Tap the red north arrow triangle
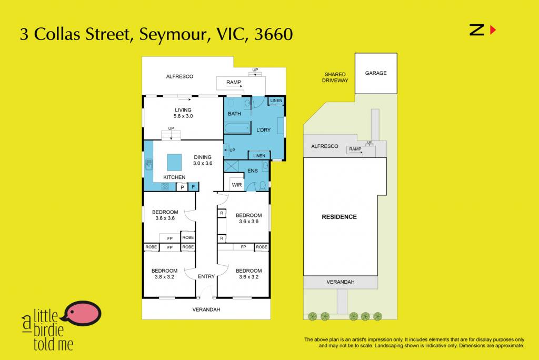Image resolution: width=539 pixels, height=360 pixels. point(493,30)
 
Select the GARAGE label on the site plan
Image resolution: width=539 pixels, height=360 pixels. point(376,73)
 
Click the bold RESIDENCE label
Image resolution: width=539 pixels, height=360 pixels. point(340,217)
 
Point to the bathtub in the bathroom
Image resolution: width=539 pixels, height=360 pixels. point(237,128)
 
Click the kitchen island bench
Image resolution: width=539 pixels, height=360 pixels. point(174,162)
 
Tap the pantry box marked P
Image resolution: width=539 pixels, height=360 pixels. point(182,187)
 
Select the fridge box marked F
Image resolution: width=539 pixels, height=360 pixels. point(194,187)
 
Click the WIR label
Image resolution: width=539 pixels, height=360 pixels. point(237,185)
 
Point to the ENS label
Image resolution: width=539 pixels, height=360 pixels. point(253,171)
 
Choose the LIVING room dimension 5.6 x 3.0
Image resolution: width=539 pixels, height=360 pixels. point(183,116)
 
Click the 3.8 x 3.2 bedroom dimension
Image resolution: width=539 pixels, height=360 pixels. point(165,277)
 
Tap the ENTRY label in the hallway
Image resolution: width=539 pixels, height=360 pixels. point(206,276)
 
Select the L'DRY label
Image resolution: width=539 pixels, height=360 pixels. point(264,130)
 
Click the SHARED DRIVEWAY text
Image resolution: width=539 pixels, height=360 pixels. point(335,77)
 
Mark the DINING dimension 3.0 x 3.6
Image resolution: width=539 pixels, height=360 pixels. point(203,163)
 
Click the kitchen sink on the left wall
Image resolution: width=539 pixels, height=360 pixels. point(149,164)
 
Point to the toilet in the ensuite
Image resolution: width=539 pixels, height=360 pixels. point(263,186)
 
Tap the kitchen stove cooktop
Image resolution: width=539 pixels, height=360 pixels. point(165,187)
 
